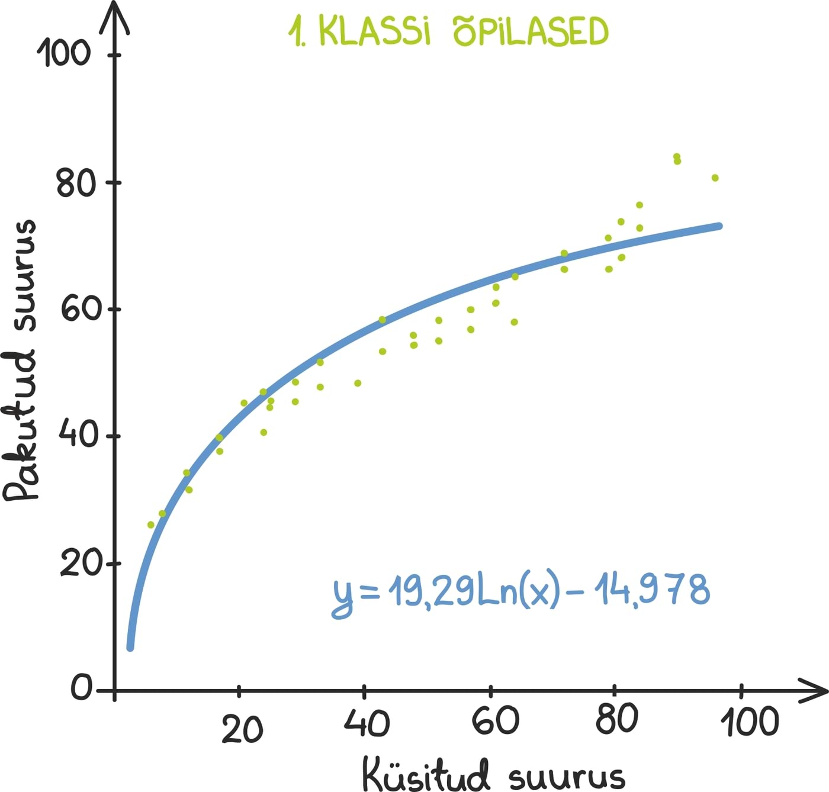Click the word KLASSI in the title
click(x=374, y=32)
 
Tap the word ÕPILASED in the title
click(x=531, y=32)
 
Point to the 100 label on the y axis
click(x=63, y=53)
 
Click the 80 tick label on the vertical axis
click(x=76, y=183)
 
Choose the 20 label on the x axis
click(x=242, y=730)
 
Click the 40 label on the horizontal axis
click(x=367, y=723)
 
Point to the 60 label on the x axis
click(x=495, y=721)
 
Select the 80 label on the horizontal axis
click(x=617, y=719)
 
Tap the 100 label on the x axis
click(x=749, y=722)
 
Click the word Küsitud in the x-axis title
click(x=426, y=772)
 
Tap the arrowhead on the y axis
click(x=114, y=15)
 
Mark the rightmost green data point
click(x=715, y=178)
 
